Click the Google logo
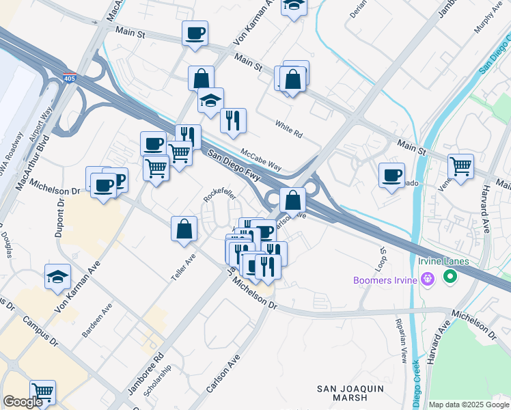click(x=23, y=402)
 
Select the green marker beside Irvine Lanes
click(x=450, y=277)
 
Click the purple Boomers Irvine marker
click(x=428, y=279)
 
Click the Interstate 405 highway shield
click(x=69, y=77)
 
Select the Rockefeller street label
click(x=219, y=195)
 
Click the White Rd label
click(x=288, y=129)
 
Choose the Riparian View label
click(x=404, y=340)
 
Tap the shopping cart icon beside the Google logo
click(x=42, y=392)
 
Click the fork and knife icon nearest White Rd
click(x=233, y=120)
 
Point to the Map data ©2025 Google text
click(x=469, y=405)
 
